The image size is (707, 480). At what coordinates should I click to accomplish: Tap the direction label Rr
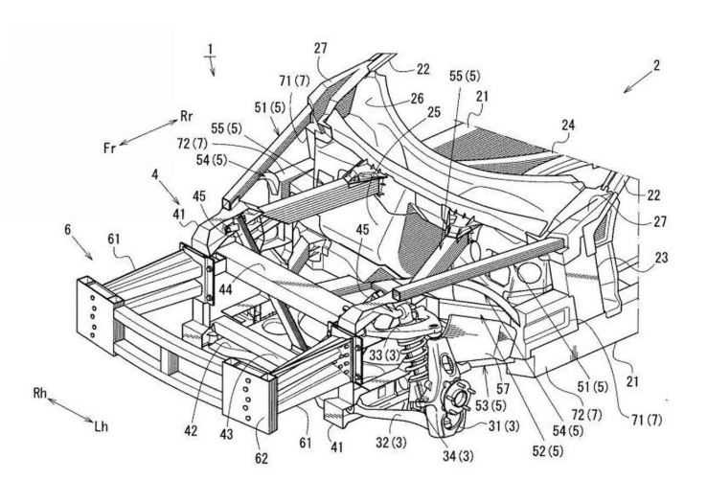pos(186,116)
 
